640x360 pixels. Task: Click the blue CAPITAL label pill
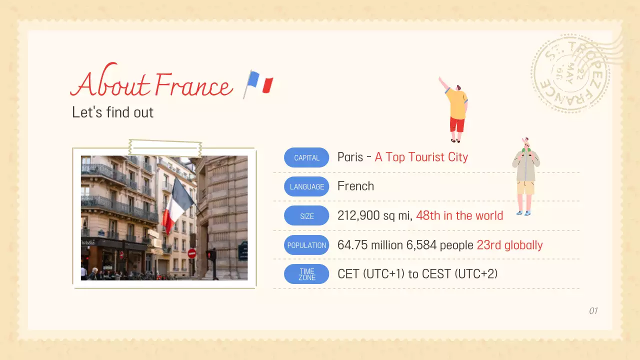click(306, 157)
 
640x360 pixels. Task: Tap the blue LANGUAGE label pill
click(306, 186)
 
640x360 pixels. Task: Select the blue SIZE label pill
click(306, 216)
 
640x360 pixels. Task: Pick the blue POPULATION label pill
click(306, 245)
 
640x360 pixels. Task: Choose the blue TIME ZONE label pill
click(306, 274)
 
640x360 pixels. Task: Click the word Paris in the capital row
click(350, 157)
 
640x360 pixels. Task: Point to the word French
click(355, 186)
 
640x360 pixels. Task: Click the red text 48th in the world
click(459, 215)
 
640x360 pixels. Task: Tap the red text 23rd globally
click(509, 245)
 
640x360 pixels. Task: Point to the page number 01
click(593, 311)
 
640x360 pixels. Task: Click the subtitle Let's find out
click(112, 112)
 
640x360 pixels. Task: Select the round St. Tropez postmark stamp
click(570, 73)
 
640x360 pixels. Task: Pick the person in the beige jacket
click(525, 175)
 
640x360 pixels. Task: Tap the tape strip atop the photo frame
click(165, 147)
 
